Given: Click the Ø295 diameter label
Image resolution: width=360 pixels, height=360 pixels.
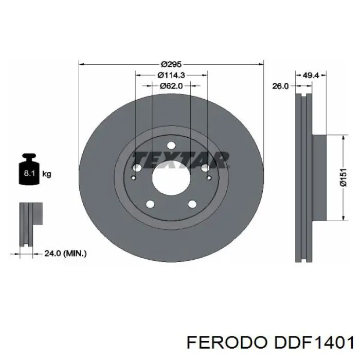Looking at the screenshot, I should click(171, 64).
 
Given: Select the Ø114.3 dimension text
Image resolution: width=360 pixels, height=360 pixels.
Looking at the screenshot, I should click(171, 75).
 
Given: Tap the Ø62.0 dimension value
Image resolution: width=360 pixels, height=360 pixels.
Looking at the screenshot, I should click(171, 86).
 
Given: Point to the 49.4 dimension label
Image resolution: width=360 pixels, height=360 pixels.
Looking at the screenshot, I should click(311, 76).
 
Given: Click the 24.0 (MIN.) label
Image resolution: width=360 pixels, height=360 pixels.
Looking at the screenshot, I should click(65, 253).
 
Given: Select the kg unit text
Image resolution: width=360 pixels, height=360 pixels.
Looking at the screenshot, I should click(47, 174).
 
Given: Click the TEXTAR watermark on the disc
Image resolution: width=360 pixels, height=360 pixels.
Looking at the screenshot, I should click(179, 159).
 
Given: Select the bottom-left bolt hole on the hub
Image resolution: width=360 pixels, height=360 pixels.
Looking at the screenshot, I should click(150, 204).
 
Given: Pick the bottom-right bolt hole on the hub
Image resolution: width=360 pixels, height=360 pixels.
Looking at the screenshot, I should click(192, 204).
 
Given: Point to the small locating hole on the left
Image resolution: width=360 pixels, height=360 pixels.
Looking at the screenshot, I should click(133, 178).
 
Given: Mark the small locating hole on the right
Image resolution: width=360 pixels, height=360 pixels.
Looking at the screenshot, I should click(209, 178).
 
